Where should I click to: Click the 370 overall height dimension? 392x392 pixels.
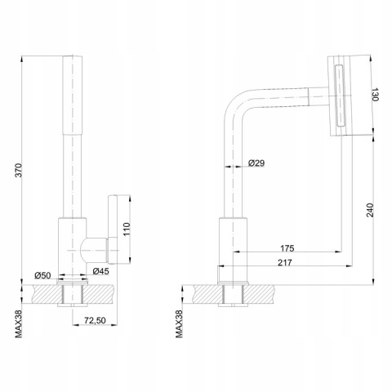point(19,170)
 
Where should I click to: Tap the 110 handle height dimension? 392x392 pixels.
point(127,229)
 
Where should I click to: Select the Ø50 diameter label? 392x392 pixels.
point(42,275)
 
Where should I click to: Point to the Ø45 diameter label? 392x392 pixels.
point(100,271)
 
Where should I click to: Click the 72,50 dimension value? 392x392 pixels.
point(95,320)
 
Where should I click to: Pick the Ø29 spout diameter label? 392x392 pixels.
point(256,163)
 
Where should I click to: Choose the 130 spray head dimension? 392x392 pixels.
point(375,95)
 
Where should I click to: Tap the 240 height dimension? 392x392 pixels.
point(370,210)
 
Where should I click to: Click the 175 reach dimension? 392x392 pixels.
point(287,248)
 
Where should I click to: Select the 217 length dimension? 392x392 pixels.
point(285,263)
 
